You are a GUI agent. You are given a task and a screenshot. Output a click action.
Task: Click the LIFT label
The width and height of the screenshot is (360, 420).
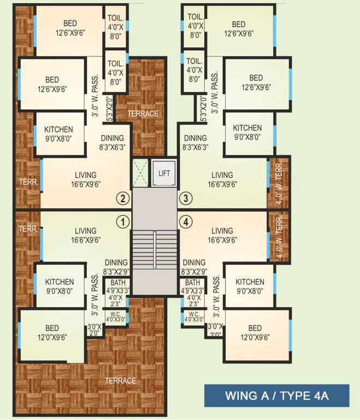(164, 173)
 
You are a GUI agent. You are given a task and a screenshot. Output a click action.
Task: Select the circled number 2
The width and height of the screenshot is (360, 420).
(123, 198)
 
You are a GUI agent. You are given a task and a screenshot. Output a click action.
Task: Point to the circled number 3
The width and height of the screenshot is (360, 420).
(187, 198)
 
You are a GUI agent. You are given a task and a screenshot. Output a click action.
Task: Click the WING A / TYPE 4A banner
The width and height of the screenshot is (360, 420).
(276, 395)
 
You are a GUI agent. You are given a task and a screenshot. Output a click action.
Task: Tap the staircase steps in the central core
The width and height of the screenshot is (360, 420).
(155, 249)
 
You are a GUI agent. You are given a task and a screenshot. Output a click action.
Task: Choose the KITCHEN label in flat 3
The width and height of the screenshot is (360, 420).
(247, 128)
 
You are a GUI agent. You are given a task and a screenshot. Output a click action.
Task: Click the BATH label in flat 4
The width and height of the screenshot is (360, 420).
(192, 283)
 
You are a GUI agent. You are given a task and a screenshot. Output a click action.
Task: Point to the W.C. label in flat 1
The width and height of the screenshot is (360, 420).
(115, 314)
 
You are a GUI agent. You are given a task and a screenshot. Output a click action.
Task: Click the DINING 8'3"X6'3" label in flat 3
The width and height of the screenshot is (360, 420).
(196, 138)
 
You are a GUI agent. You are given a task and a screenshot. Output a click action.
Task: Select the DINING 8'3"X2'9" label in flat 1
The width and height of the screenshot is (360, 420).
(116, 262)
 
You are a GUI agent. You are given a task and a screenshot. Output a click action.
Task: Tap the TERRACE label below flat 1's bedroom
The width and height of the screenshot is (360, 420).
(121, 381)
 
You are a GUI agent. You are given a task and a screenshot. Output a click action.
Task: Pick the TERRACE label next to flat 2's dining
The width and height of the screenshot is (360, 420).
(143, 114)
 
